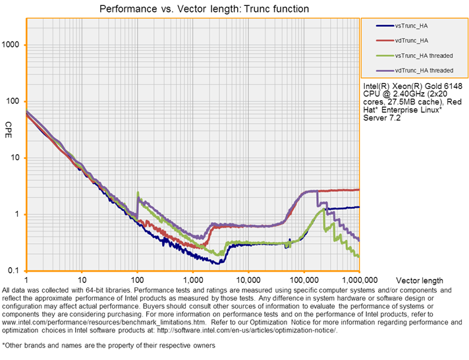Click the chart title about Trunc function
click(204, 9)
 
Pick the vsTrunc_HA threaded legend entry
click(423, 55)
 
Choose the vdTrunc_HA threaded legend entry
click(423, 70)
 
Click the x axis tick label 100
click(137, 278)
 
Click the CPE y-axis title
click(9, 125)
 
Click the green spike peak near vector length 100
click(138, 193)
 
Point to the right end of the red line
click(359, 189)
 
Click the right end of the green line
click(359, 256)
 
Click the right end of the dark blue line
click(359, 206)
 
